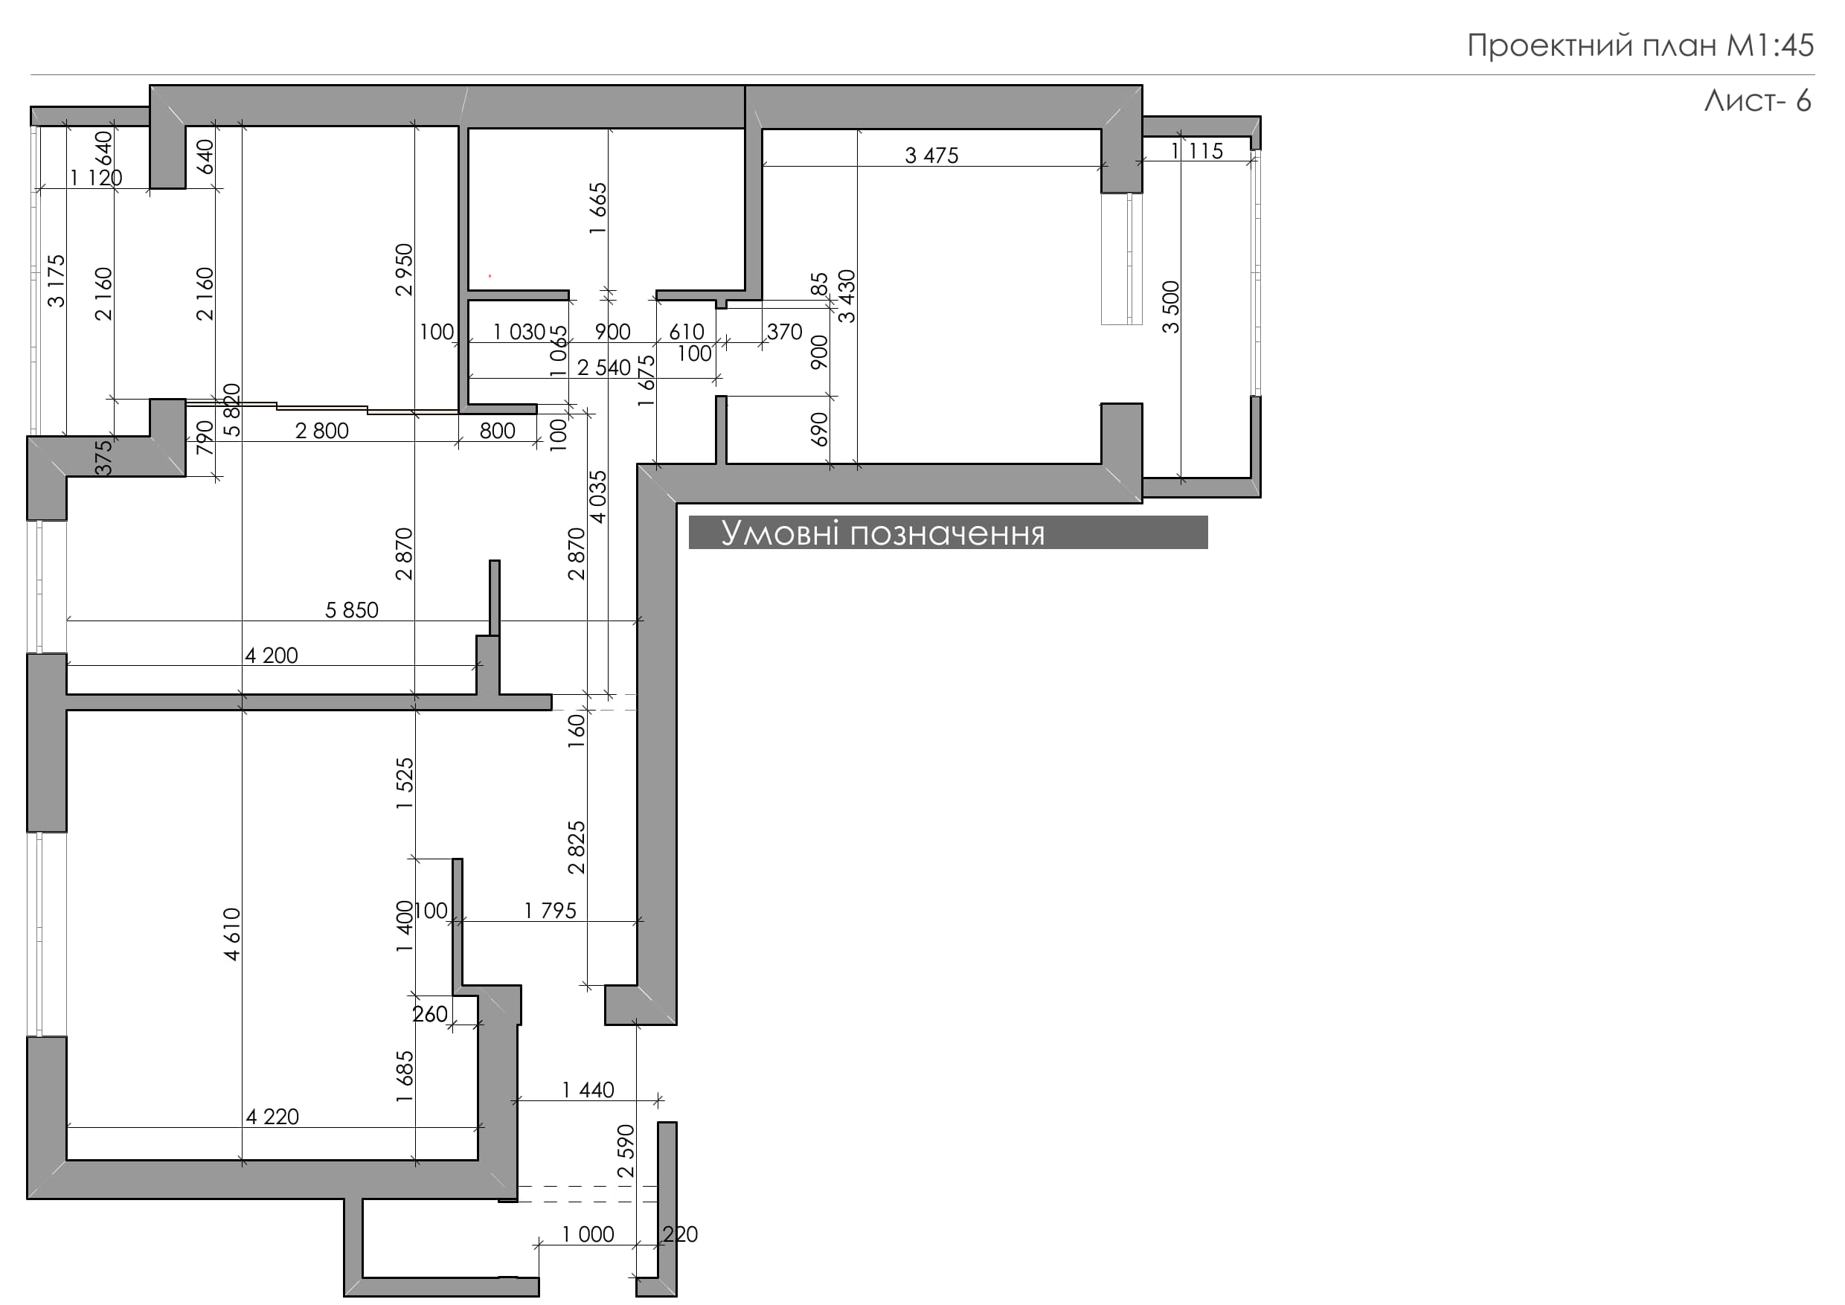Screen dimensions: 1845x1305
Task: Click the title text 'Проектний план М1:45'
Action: click(x=1640, y=46)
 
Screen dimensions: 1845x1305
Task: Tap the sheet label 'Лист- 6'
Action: click(x=1757, y=100)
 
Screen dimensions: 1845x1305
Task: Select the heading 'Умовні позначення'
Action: click(x=882, y=533)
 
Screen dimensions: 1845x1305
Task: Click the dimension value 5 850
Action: click(x=351, y=610)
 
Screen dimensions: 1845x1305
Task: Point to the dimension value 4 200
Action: click(x=272, y=655)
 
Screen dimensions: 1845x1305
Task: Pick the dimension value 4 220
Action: click(x=272, y=1116)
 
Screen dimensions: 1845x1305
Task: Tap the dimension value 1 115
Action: click(x=1197, y=151)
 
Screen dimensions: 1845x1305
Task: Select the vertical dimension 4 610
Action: click(x=232, y=934)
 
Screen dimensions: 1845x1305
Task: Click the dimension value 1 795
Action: click(x=551, y=911)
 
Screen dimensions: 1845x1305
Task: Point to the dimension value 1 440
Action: click(x=588, y=1090)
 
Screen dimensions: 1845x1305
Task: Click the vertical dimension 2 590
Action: click(x=626, y=1151)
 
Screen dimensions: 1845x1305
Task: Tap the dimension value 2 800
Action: click(x=322, y=431)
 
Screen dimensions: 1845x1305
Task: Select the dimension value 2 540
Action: click(x=604, y=368)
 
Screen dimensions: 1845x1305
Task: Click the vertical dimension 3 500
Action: click(x=1171, y=307)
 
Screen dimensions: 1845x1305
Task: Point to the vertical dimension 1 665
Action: click(x=598, y=209)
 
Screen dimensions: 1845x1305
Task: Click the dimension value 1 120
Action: click(x=97, y=178)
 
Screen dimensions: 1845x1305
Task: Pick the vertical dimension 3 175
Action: click(x=57, y=281)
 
